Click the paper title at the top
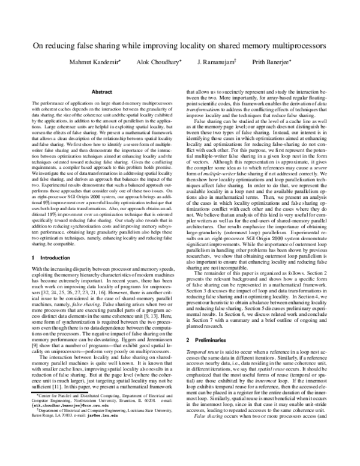[x=179, y=45]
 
